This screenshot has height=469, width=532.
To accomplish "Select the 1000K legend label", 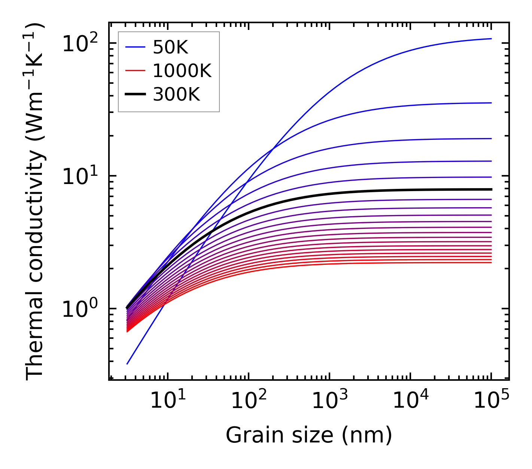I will [x=182, y=71].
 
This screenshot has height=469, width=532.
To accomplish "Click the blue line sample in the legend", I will [x=135, y=47].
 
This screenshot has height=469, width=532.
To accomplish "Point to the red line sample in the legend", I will [x=135, y=71].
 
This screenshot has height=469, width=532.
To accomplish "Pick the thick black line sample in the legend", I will [x=135, y=95].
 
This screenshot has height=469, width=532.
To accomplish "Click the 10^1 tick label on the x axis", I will [x=168, y=401].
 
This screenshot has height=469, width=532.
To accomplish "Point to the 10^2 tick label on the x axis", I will [x=249, y=401].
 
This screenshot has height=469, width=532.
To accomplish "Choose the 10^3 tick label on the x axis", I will [x=329, y=401].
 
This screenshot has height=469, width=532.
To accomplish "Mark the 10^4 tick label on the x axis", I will [x=410, y=401].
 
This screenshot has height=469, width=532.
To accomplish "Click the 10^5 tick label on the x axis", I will [x=491, y=401].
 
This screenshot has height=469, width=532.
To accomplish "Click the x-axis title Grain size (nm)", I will [x=309, y=435].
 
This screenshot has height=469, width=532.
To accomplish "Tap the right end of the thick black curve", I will [x=491, y=189].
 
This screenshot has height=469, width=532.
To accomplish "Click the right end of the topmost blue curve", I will [x=491, y=39].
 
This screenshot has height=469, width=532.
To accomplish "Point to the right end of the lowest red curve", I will [x=491, y=263].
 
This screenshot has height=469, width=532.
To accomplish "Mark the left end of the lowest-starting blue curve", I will [x=127, y=364].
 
